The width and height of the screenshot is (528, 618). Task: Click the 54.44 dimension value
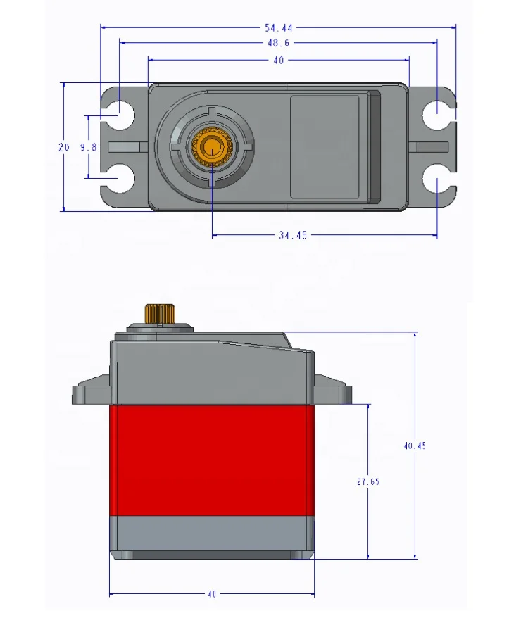(278, 28)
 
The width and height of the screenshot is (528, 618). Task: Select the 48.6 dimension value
(278, 43)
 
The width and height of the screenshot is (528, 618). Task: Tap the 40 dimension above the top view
(278, 61)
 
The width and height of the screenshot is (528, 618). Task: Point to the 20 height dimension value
(64, 147)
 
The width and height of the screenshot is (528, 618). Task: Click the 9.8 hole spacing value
(87, 147)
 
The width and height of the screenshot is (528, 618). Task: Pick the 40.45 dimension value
(415, 446)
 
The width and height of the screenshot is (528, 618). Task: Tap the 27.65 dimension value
(368, 482)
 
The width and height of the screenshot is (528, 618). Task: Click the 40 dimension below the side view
(211, 594)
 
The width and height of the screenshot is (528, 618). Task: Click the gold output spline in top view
(210, 146)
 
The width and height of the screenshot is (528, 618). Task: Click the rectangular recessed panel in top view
(325, 146)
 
